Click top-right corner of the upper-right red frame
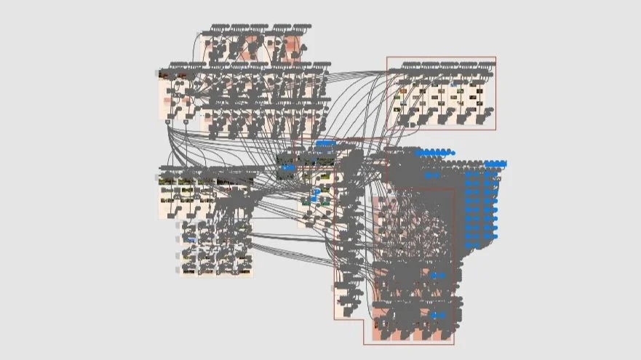[495, 57]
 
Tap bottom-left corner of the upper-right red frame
[387, 129]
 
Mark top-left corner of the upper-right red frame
[387, 57]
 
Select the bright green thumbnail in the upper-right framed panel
[461, 92]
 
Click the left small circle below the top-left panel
[168, 122]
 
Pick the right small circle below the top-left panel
[186, 122]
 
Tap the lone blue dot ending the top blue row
[452, 153]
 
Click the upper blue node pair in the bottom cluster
[437, 276]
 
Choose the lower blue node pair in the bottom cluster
[437, 316]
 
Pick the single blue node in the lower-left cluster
[191, 239]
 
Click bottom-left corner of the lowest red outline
[365, 344]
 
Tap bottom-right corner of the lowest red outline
[454, 344]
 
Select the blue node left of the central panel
[289, 168]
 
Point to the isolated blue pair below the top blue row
[432, 175]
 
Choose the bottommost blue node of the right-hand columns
[473, 245]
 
